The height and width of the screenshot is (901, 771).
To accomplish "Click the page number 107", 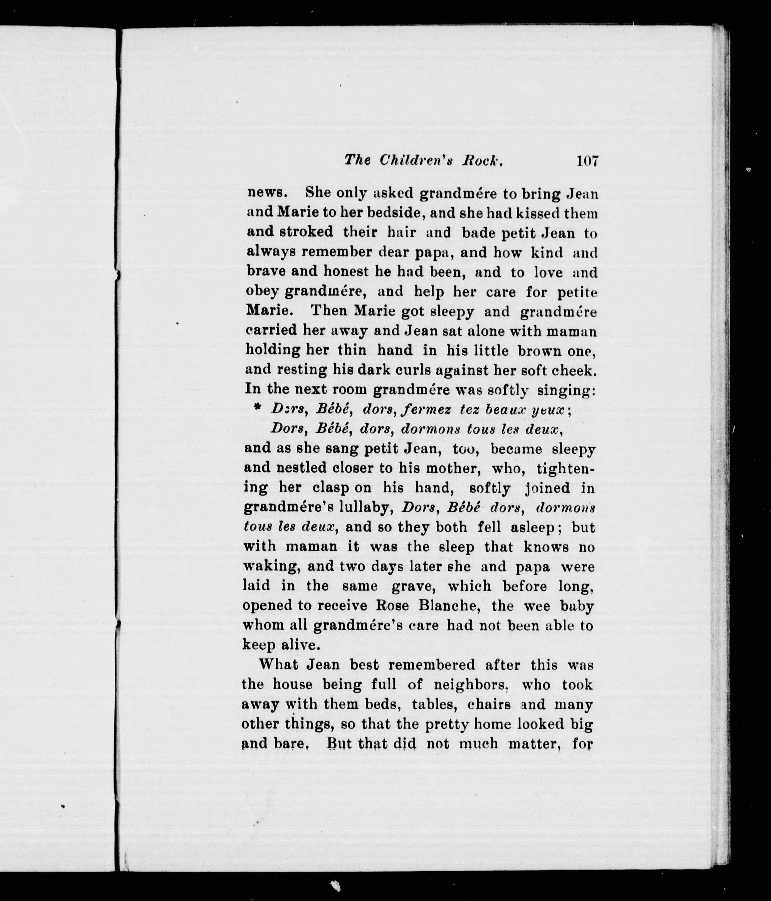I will pos(587,161).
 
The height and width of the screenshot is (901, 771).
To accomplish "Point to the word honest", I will pos(346,271).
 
